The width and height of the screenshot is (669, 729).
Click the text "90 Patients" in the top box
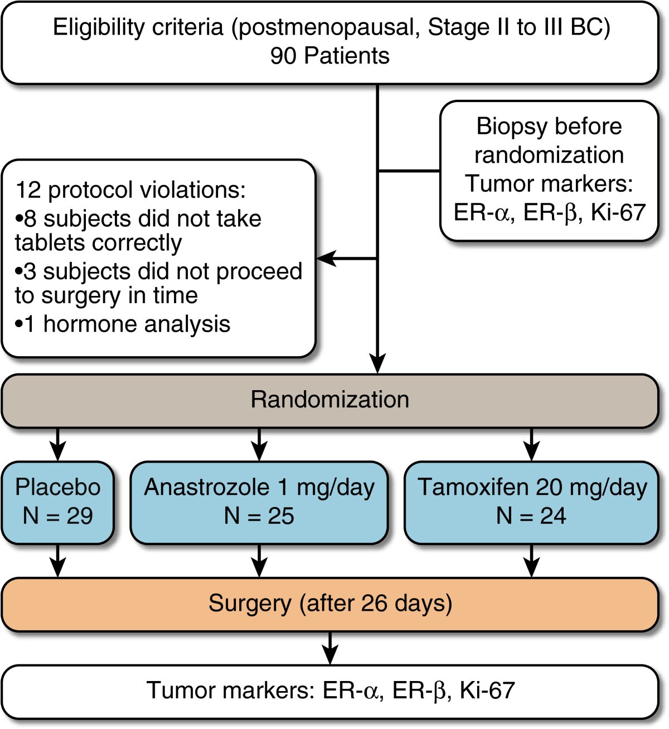329,56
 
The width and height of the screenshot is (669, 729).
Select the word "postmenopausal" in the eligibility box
326,27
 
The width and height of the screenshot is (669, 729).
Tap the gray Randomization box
329,400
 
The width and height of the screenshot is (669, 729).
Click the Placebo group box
57,502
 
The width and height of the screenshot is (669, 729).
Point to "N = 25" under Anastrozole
259,516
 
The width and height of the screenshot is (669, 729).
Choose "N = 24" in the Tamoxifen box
531,516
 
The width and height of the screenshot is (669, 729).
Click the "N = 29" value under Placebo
57,516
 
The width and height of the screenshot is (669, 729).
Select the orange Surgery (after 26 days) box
329,604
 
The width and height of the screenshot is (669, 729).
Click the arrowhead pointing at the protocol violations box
326,259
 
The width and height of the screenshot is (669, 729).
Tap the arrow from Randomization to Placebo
57,445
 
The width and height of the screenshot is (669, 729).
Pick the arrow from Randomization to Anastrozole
259,445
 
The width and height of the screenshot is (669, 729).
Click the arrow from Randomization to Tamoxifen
531,445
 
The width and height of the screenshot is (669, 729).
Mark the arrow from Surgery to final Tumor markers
331,649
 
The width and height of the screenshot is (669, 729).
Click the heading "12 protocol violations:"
130,189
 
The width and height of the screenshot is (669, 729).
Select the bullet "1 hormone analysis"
123,324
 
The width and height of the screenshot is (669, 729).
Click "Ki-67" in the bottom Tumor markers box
487,691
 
